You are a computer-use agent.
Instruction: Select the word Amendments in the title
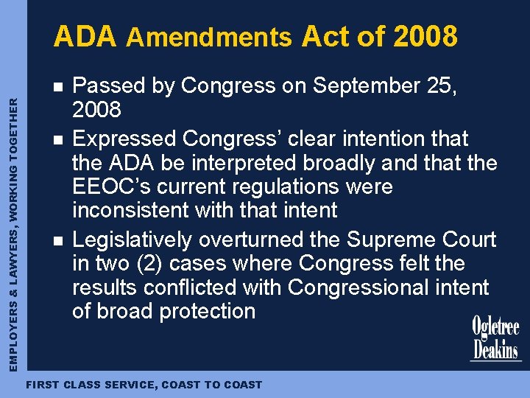click(209, 37)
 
